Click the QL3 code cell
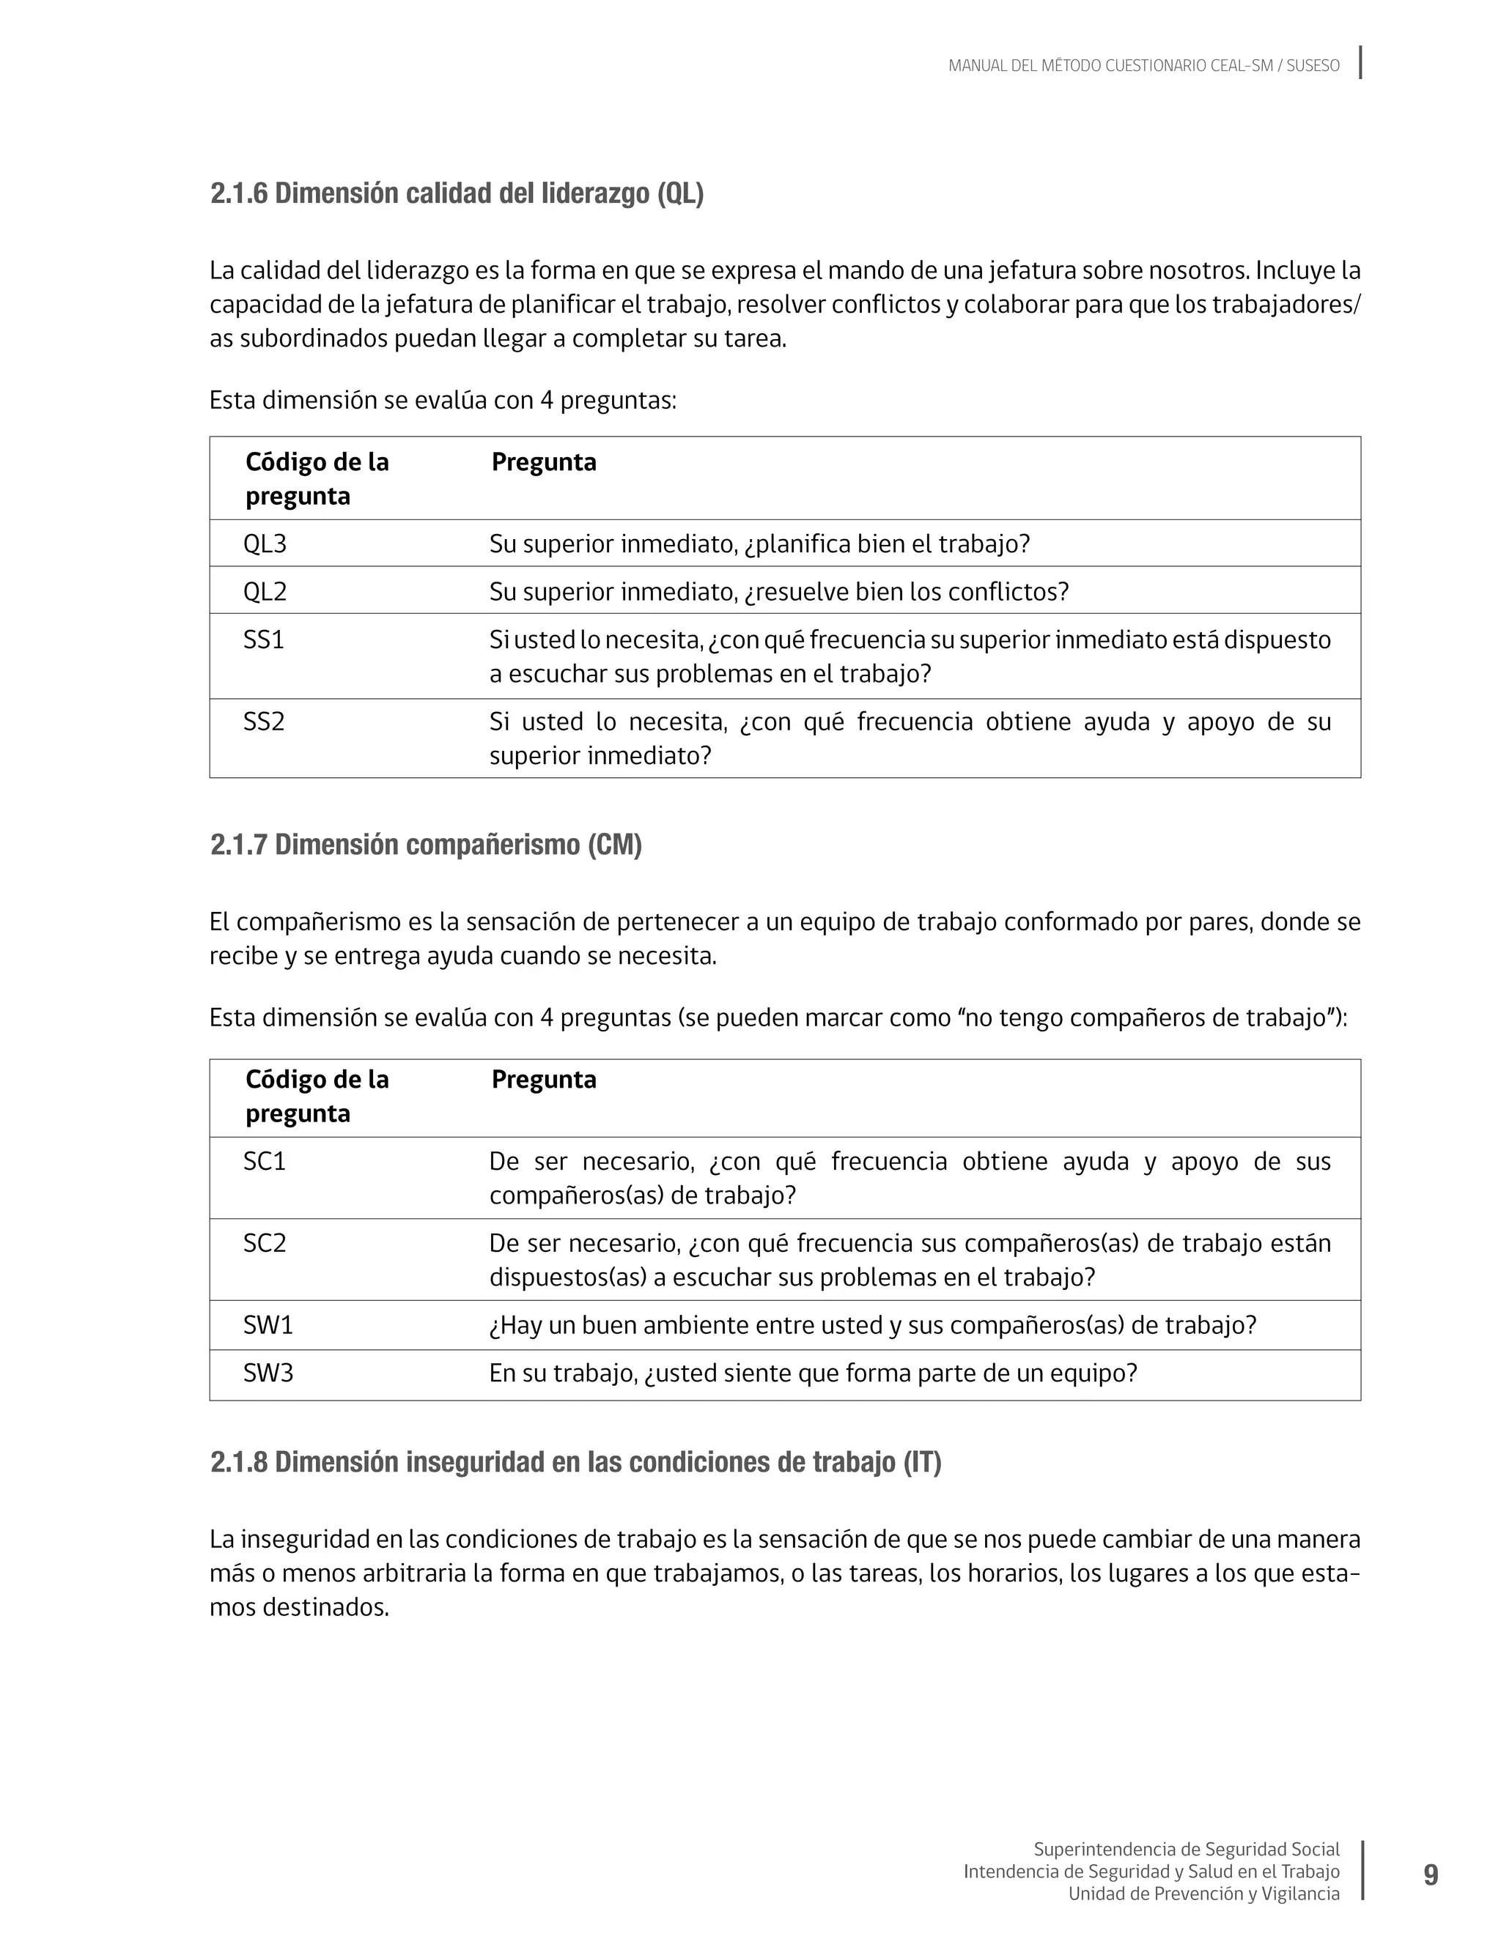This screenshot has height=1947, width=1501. coord(265,544)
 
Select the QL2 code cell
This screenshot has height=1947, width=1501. coord(265,591)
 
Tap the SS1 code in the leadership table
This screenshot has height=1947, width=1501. coord(263,639)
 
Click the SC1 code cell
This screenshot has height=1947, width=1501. coord(264,1161)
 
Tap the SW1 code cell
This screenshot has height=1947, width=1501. coord(268,1325)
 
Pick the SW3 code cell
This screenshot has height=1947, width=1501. coord(268,1372)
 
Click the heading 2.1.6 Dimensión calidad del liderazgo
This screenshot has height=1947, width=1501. coord(457,193)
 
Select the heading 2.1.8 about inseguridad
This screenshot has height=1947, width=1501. coord(575,1462)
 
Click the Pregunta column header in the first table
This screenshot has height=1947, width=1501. coord(543,461)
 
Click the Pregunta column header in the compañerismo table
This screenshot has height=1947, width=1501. coord(543,1080)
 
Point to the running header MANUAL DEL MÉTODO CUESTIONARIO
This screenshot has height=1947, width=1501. coord(1143,66)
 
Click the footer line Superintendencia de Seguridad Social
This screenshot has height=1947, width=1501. coord(1185,1849)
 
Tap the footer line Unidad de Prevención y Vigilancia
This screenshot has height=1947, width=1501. coord(1203,1894)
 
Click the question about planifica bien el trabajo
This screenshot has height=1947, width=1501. coord(759,544)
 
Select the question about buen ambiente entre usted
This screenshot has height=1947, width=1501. coord(871,1325)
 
